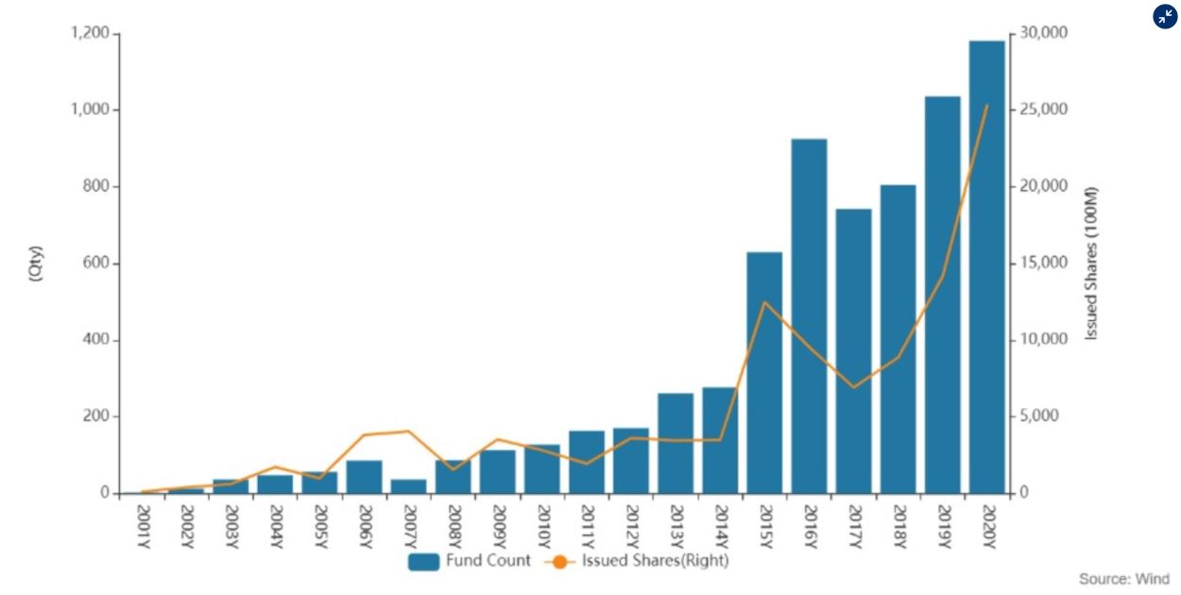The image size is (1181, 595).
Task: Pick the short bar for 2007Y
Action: click(x=408, y=485)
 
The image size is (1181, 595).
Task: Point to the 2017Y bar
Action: click(x=853, y=350)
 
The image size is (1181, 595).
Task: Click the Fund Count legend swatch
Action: click(x=424, y=561)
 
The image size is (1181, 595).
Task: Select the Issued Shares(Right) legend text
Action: click(x=655, y=561)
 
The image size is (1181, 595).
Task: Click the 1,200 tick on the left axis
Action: click(x=91, y=34)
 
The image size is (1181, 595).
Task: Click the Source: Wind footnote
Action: click(x=1123, y=579)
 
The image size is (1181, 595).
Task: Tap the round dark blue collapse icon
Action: click(x=1165, y=16)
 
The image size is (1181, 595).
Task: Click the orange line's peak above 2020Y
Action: click(x=986, y=106)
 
